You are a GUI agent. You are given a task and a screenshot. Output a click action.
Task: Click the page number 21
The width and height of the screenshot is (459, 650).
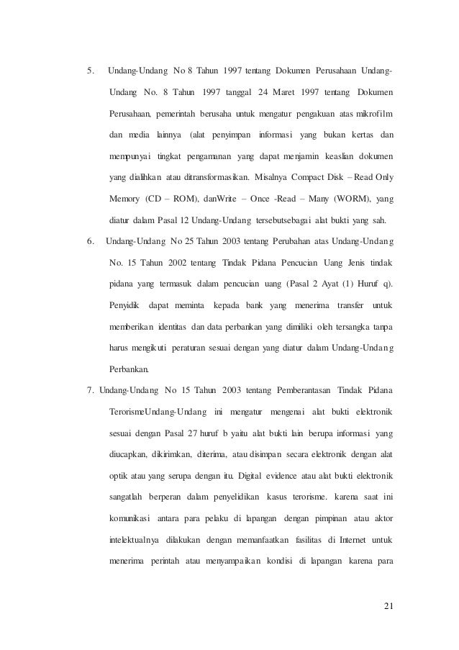coord(389,612)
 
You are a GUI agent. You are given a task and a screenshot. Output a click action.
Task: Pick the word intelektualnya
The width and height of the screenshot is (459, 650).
coord(135,539)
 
